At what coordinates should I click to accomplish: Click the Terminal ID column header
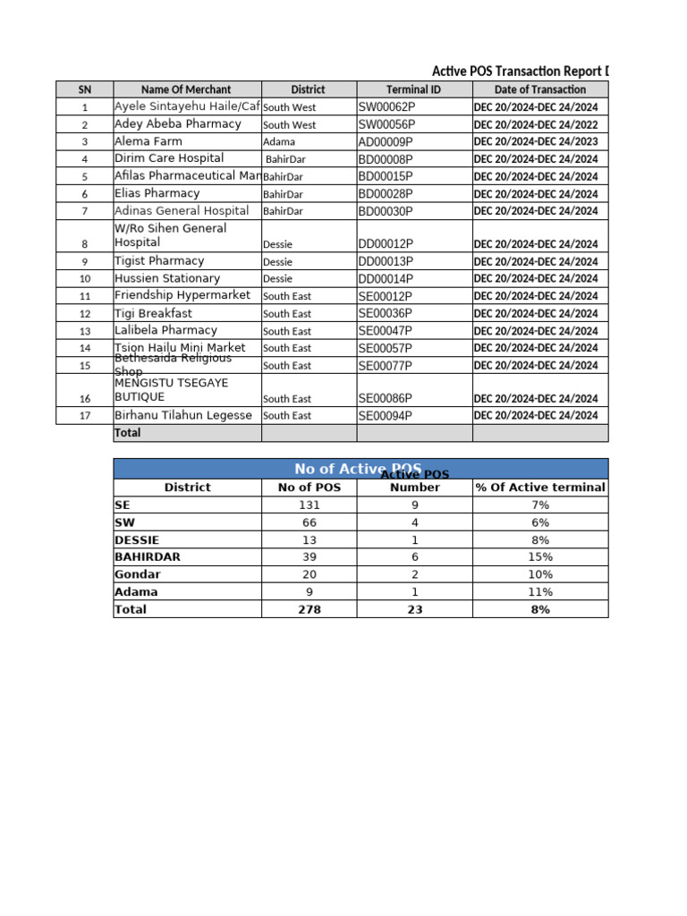pyautogui.click(x=413, y=89)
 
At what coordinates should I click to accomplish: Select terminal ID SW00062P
pyautogui.click(x=386, y=106)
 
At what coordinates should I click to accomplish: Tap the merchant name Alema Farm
pyautogui.click(x=148, y=141)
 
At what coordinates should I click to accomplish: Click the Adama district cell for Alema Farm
pyautogui.click(x=278, y=142)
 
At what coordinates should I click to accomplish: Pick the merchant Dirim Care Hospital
pyautogui.click(x=169, y=158)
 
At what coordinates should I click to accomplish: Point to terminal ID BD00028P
pyautogui.click(x=386, y=193)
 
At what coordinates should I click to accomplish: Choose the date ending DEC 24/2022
pyautogui.click(x=536, y=124)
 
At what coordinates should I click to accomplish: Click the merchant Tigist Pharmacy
pyautogui.click(x=159, y=261)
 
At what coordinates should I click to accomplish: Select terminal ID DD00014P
pyautogui.click(x=386, y=279)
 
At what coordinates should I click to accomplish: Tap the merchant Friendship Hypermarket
pyautogui.click(x=182, y=295)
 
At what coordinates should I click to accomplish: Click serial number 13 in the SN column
pyautogui.click(x=85, y=331)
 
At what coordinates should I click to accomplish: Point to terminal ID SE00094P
pyautogui.click(x=386, y=416)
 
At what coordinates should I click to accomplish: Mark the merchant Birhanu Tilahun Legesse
pyautogui.click(x=183, y=415)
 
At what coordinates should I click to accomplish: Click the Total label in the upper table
pyautogui.click(x=127, y=433)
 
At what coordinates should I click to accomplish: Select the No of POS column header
pyautogui.click(x=309, y=488)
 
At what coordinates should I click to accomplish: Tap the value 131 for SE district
pyautogui.click(x=309, y=505)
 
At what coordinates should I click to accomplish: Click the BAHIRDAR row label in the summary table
pyautogui.click(x=148, y=557)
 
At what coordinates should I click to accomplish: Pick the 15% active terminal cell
pyautogui.click(x=539, y=557)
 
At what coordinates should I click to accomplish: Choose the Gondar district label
pyautogui.click(x=137, y=574)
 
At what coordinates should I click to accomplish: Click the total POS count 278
pyautogui.click(x=309, y=609)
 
